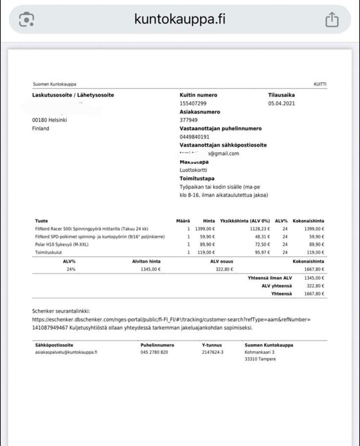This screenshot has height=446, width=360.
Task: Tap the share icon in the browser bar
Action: click(331, 20)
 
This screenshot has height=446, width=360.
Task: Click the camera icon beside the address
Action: click(27, 20)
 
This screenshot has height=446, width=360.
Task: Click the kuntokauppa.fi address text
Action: click(180, 19)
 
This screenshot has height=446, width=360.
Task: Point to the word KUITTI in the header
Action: click(320, 84)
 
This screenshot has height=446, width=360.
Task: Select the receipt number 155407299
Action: click(193, 104)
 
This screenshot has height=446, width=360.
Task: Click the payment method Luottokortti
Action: click(193, 170)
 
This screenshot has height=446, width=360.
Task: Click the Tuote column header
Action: click(41, 221)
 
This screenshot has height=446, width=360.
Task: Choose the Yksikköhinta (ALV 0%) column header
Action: click(245, 221)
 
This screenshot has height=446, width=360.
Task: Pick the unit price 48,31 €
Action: click(262, 237)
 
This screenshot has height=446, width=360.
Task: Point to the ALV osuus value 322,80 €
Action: click(224, 269)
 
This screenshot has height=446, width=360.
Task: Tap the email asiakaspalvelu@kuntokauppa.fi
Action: click(66, 352)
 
